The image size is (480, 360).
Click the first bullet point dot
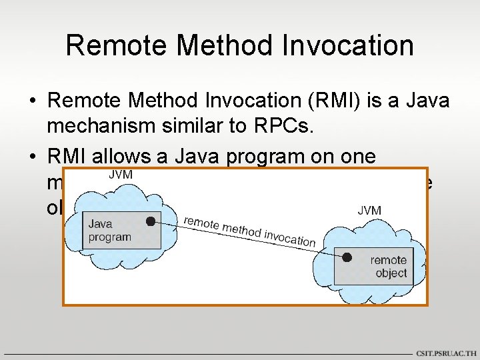32,102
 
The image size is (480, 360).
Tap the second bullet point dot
32,157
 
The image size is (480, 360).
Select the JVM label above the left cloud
120,175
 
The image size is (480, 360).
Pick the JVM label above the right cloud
369,211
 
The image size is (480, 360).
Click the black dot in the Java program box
151,221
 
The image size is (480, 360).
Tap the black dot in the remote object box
347,257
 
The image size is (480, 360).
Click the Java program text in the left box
109,231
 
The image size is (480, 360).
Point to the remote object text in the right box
389,267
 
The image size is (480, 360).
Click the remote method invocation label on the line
248,231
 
